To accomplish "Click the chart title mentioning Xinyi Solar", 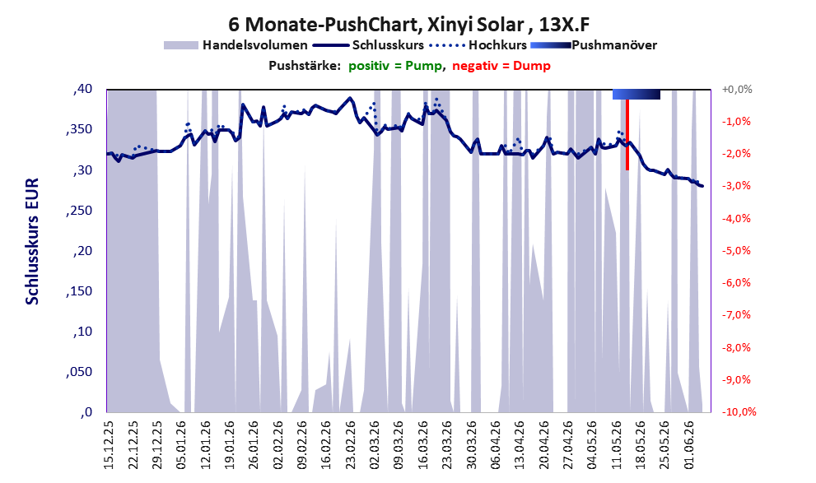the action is tap(408, 25).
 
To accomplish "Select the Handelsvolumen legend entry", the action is tap(235, 45).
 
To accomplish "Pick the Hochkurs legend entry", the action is tap(478, 45).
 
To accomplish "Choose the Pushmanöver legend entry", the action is tap(594, 45).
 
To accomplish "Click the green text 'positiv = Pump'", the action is tap(395, 66).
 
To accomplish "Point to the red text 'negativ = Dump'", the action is tap(501, 66).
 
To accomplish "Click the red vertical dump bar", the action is tap(627, 135).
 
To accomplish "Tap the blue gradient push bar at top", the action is tap(636, 94).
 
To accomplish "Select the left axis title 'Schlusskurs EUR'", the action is tap(32, 241).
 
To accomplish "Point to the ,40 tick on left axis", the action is tap(82, 89).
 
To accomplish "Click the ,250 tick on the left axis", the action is tap(79, 210).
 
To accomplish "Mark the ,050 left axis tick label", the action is tap(79, 371).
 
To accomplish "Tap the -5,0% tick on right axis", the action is tap(736, 251).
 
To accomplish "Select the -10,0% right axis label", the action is tap(739, 411).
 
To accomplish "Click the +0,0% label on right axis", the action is tap(737, 90).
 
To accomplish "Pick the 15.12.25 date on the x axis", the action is tap(108, 445).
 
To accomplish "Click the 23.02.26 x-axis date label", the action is tap(350, 445).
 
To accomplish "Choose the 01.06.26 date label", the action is tap(688, 445).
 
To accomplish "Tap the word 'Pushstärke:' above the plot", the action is tap(305, 66).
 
